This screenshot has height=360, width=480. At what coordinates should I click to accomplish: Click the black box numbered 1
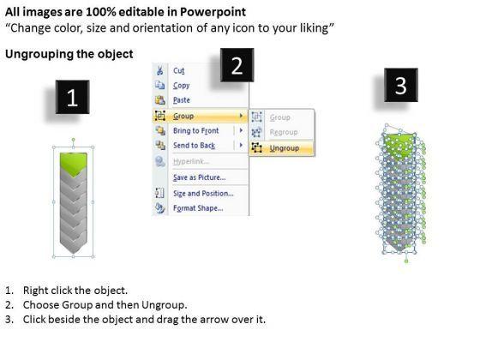tap(72, 97)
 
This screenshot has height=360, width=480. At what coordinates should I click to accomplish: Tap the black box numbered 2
tap(237, 65)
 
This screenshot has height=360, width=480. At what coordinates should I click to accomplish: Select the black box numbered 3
tap(401, 85)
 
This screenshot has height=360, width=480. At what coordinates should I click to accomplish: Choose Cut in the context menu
tap(179, 70)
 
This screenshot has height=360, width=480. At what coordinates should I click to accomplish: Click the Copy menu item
tap(181, 86)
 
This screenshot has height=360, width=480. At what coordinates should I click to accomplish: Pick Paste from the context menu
tap(181, 100)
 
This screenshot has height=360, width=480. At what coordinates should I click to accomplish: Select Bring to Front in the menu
tap(196, 130)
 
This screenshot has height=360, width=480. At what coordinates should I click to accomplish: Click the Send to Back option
tap(194, 146)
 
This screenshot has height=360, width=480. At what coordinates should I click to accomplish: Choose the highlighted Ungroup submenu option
tap(284, 148)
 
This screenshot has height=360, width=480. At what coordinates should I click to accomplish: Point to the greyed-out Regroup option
tap(284, 132)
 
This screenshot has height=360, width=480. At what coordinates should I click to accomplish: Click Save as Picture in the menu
tap(199, 177)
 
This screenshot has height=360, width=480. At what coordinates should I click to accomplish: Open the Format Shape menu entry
tap(198, 208)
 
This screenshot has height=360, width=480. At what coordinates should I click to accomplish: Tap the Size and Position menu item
tap(203, 194)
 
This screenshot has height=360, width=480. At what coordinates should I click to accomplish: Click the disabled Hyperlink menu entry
tap(191, 161)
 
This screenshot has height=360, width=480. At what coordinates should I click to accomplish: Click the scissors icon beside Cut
tap(159, 70)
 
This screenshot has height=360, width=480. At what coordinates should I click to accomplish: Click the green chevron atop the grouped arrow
tap(73, 165)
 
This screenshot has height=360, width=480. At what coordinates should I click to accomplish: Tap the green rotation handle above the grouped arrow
tap(73, 140)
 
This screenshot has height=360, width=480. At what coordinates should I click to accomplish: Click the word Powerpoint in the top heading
tap(213, 12)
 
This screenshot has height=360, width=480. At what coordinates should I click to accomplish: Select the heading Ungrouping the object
tap(69, 54)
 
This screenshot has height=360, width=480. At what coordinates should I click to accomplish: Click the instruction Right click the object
tap(75, 291)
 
